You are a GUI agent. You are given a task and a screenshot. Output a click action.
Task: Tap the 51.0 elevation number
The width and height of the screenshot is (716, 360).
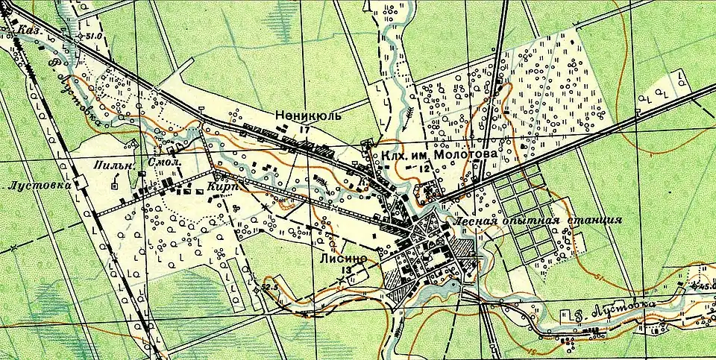[x=93, y=36]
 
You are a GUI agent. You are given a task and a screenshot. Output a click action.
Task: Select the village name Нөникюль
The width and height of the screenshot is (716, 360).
[x=307, y=116]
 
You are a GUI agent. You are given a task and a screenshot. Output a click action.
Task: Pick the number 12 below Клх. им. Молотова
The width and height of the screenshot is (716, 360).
[x=424, y=169]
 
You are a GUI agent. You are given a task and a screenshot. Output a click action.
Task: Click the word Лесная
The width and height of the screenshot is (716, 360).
[x=474, y=221]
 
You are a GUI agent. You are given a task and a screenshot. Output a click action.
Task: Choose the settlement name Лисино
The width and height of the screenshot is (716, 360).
[x=344, y=258]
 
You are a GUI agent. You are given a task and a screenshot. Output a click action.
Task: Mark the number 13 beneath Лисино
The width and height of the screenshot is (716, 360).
[x=345, y=271]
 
